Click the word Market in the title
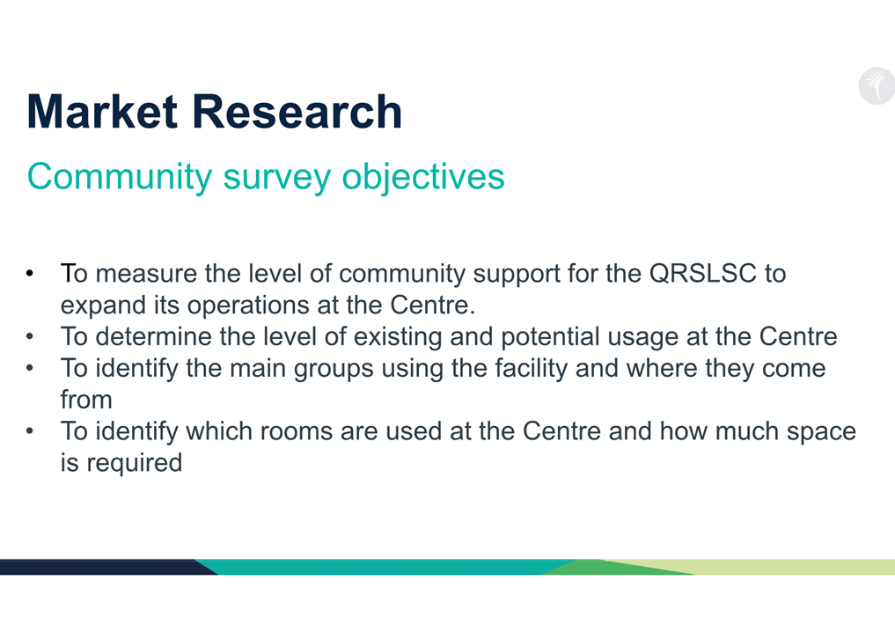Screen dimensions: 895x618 [x=102, y=112]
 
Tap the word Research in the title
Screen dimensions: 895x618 [x=297, y=112]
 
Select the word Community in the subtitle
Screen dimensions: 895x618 [x=120, y=176]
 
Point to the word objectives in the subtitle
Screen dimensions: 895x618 [x=423, y=176]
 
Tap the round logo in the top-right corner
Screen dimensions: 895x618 [x=877, y=86]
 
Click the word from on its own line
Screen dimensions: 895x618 [x=86, y=400]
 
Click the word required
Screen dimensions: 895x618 [x=134, y=463]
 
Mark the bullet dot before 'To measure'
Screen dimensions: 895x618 [x=30, y=273]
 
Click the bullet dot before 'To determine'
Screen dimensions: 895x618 [x=30, y=335]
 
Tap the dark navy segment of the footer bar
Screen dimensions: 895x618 [x=103, y=567]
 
